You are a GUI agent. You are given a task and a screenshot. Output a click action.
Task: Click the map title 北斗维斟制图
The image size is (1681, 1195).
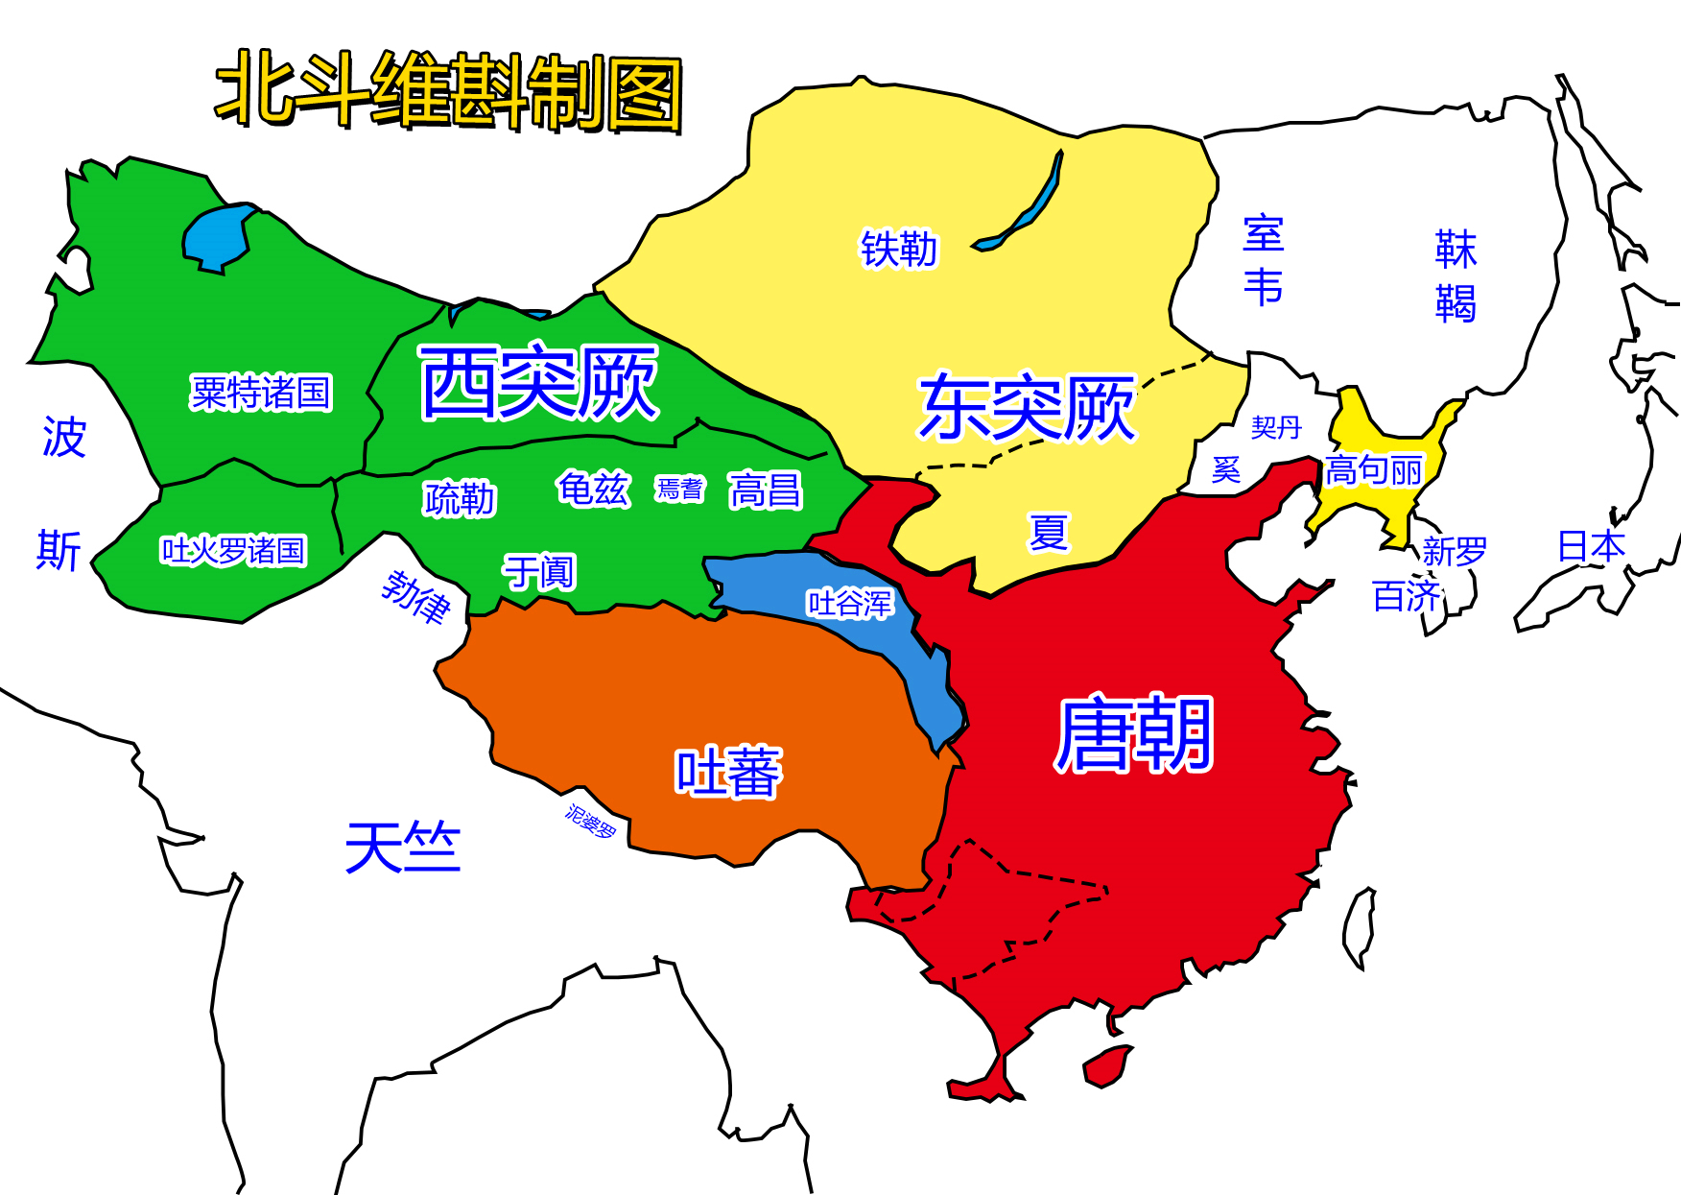(449, 91)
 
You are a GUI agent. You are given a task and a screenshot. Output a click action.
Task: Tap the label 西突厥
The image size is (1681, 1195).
(539, 383)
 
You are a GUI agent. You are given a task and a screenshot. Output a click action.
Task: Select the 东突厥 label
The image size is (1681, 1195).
(1028, 408)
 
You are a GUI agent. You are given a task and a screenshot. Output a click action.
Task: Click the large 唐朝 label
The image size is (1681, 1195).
(1134, 735)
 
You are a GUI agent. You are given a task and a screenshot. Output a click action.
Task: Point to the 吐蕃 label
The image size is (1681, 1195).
(729, 773)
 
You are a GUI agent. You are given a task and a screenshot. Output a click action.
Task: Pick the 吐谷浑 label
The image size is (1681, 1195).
(850, 604)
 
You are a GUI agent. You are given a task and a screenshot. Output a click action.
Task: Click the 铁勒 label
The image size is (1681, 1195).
(898, 250)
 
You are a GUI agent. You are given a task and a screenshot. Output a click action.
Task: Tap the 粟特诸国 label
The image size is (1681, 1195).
(261, 393)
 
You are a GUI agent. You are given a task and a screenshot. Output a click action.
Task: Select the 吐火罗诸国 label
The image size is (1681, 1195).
(233, 551)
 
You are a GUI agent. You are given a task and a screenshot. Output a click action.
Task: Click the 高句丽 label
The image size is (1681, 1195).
(1374, 471)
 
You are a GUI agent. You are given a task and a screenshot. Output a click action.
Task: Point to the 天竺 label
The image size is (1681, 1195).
(403, 848)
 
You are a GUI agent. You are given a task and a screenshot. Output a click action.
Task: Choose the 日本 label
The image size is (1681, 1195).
(1591, 547)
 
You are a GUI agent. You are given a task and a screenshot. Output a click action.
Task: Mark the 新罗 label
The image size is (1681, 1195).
(1455, 552)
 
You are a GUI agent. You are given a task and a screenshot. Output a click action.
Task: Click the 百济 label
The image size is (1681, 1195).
(1407, 596)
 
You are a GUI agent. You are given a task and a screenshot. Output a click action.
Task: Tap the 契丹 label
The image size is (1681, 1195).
(1276, 427)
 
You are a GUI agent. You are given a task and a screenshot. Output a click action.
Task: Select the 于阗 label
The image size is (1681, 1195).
(539, 572)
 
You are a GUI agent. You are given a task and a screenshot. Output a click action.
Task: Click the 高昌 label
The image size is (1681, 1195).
(765, 490)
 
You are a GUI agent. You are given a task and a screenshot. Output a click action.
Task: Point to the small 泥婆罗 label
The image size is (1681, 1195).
(590, 822)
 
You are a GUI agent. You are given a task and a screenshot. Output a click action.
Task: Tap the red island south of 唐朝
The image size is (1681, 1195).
(1106, 1065)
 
